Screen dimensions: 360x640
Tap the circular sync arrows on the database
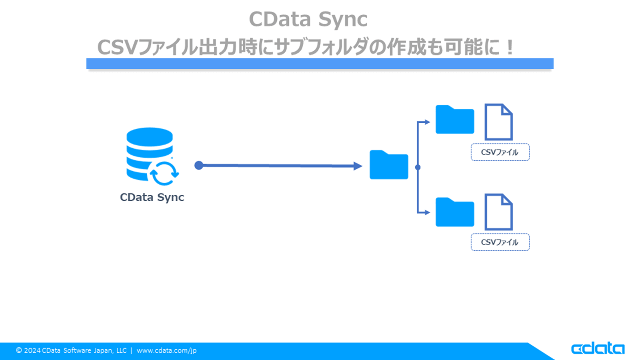(164, 173)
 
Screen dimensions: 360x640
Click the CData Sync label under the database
(152, 197)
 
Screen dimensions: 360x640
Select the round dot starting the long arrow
(199, 165)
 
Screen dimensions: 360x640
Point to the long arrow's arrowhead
(358, 166)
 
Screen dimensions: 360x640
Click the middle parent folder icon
(389, 165)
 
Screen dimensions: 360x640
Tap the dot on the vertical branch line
(418, 167)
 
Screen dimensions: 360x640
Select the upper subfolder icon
(455, 120)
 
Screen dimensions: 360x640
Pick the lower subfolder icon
(455, 212)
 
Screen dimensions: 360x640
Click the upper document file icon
(498, 122)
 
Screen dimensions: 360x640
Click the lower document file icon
(498, 212)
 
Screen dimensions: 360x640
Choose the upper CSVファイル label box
(500, 152)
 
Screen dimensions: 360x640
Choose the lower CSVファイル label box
(500, 242)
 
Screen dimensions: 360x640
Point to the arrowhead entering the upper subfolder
(427, 122)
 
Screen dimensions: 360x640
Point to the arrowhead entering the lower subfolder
(427, 212)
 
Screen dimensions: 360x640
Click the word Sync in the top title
(343, 19)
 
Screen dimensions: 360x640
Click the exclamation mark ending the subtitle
(509, 48)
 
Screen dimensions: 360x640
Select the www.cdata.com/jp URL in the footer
(166, 350)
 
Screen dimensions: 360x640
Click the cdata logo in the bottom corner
(598, 348)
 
